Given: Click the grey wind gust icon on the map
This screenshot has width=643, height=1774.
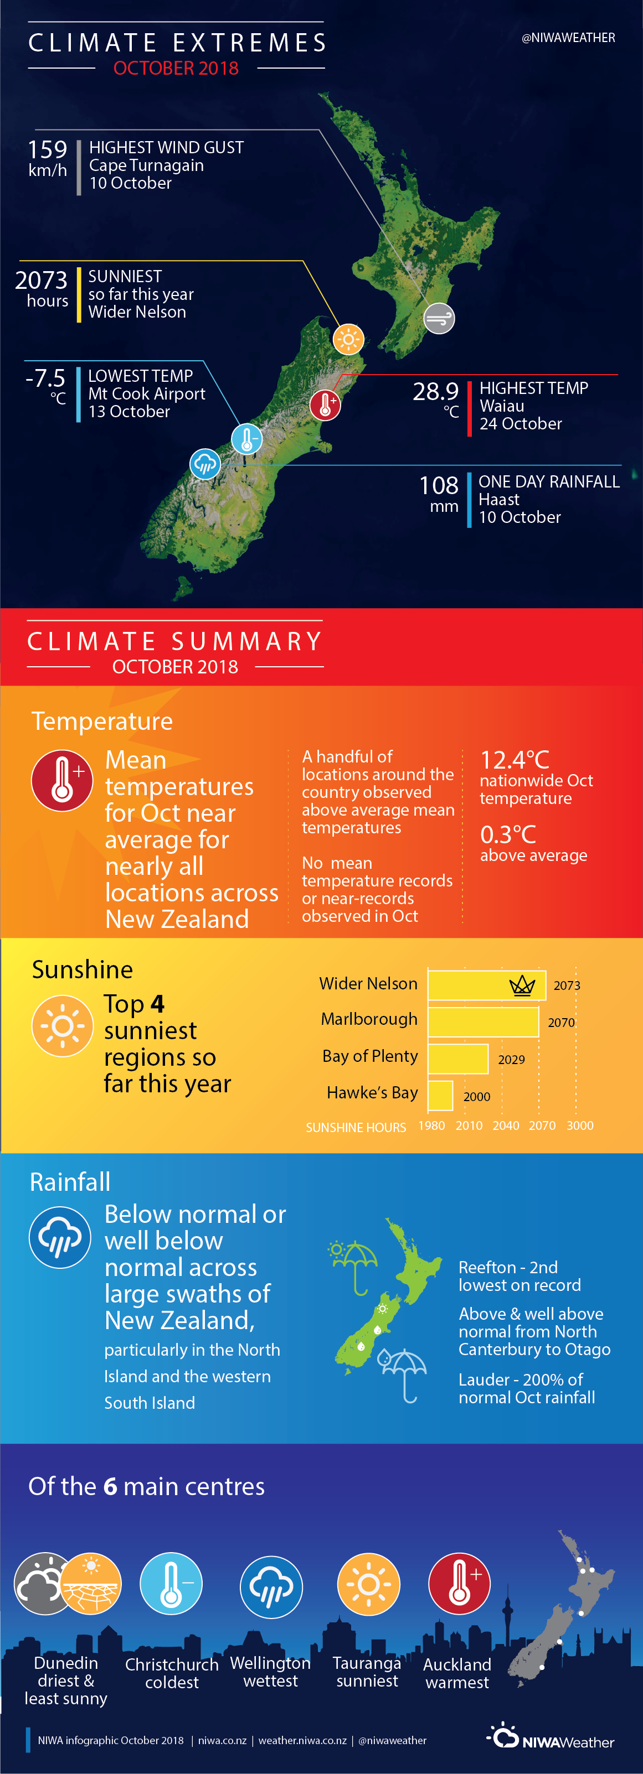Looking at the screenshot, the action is (x=439, y=318).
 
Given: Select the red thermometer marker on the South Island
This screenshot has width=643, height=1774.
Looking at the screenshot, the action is (x=325, y=404).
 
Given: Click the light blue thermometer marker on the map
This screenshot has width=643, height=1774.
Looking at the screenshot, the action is (x=246, y=439).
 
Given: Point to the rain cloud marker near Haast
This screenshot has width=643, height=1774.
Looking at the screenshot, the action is (x=205, y=464).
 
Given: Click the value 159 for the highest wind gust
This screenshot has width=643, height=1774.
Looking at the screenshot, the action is (x=48, y=149).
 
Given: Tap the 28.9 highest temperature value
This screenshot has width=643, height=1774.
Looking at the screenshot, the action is (x=435, y=391).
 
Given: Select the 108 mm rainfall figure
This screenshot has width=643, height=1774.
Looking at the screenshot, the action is (x=439, y=485).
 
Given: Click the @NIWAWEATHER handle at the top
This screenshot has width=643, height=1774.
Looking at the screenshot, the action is (x=569, y=38).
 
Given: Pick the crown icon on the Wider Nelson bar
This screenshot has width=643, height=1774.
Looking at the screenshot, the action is (x=522, y=986).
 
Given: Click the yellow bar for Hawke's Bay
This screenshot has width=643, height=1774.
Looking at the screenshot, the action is (x=440, y=1096).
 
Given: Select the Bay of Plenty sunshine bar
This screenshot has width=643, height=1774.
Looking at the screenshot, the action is (x=459, y=1059).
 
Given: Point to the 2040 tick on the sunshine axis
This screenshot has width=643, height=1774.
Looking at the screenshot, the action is (x=506, y=1125).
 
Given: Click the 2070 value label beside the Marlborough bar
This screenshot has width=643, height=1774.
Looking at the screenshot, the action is (x=561, y=1023).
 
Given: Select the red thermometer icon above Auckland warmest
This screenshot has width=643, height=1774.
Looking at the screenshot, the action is (x=459, y=1584).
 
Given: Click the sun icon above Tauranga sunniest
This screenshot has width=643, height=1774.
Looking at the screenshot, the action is (x=369, y=1584).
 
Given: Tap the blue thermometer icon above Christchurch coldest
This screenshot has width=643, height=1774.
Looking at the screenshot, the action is (x=171, y=1584).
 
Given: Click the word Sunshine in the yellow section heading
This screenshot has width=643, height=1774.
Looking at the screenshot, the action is (x=83, y=969).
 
